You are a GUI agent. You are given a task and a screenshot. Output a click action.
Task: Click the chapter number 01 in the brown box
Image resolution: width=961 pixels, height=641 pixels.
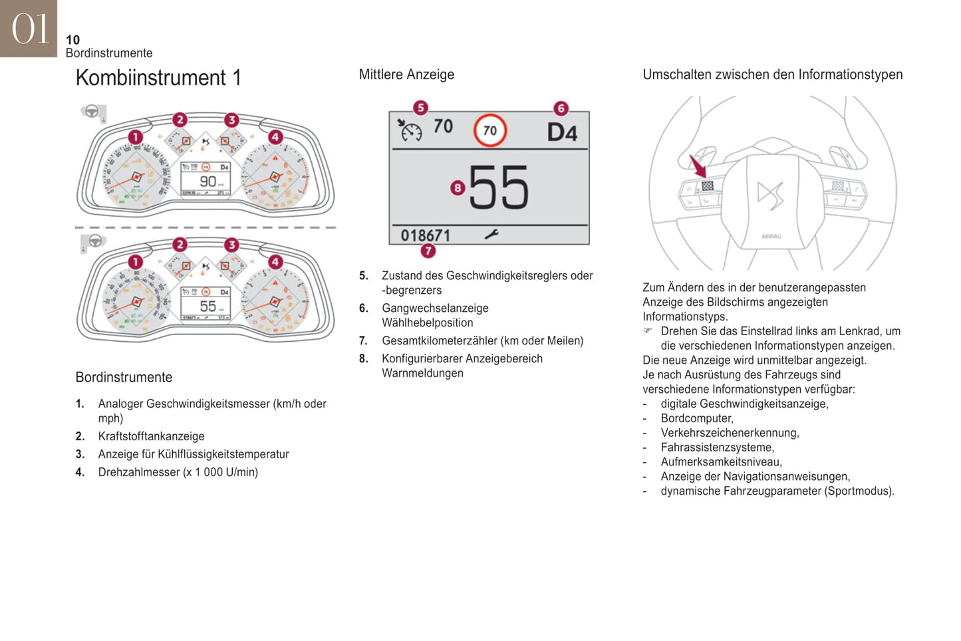[x=30, y=29]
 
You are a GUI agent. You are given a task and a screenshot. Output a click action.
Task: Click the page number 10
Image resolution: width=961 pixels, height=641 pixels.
[x=72, y=40]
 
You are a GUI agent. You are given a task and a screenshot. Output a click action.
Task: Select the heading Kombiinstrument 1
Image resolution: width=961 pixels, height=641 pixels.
[x=158, y=78]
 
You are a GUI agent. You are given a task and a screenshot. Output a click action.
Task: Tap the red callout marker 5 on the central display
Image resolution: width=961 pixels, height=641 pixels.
[x=420, y=108]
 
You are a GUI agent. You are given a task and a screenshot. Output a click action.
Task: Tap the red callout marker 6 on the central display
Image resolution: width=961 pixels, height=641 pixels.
[x=561, y=108]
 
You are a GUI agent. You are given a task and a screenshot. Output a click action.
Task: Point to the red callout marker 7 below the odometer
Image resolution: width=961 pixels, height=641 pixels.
[x=428, y=251]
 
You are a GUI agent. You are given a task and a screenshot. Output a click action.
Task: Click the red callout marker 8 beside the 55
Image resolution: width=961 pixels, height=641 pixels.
[x=457, y=188]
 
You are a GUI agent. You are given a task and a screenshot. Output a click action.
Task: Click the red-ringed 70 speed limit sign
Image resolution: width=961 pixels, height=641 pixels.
[x=489, y=130]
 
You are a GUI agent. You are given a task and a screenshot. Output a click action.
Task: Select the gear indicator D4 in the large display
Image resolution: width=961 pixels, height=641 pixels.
[x=562, y=132]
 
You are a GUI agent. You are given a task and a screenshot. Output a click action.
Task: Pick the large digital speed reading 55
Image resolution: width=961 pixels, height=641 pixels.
[x=499, y=188]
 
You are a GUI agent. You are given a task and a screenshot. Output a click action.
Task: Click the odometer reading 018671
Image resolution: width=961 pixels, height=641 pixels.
[x=425, y=235]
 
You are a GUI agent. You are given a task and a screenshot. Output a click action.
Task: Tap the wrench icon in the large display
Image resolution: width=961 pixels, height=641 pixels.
[x=491, y=234]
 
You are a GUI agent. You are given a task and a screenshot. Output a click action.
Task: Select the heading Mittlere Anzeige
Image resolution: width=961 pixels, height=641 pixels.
[x=406, y=74]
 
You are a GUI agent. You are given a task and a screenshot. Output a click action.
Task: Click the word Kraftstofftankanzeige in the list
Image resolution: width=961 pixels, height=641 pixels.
[x=151, y=436]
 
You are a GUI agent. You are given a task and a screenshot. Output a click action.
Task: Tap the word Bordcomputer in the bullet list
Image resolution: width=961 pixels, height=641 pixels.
[x=696, y=418]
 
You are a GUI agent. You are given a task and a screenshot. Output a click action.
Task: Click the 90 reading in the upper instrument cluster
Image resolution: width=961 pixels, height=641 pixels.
[x=207, y=181]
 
